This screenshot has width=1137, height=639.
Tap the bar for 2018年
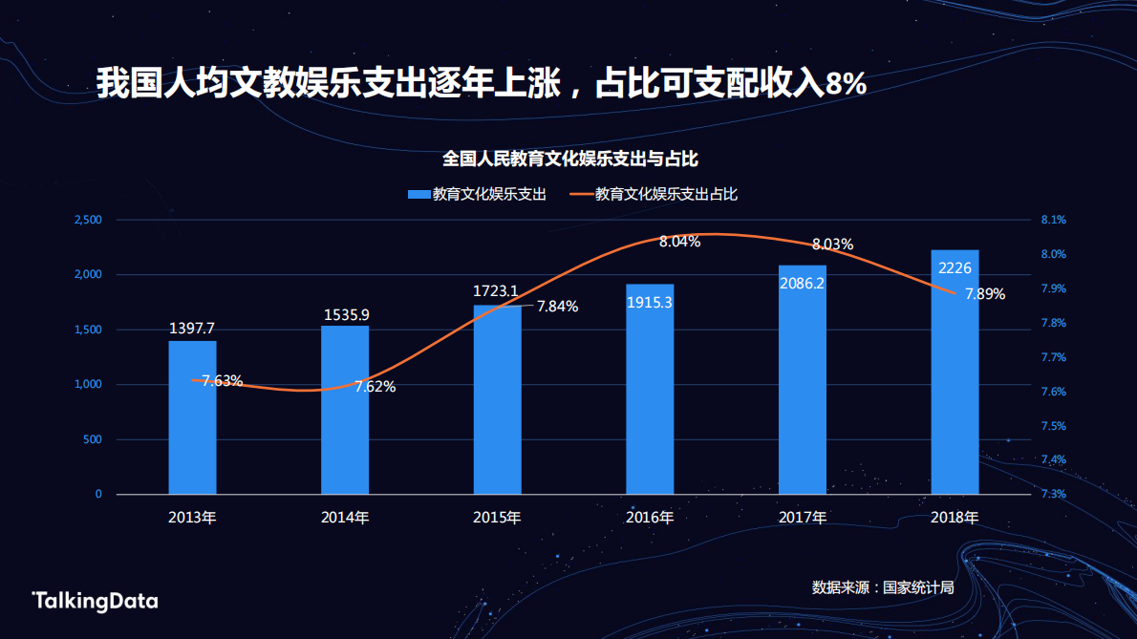(955, 373)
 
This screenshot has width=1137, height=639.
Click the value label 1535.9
(345, 314)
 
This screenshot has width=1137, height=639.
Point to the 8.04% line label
(679, 242)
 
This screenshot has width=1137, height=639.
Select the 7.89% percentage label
(984, 294)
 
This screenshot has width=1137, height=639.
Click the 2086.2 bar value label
(803, 283)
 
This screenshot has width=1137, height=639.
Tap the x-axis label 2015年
(497, 518)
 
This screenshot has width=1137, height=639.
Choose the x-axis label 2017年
(803, 518)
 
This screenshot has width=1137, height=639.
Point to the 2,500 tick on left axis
(88, 221)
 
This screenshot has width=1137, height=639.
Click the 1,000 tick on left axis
(88, 385)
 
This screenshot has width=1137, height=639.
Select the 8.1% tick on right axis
(1053, 221)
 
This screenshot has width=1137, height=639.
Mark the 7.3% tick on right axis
(1053, 495)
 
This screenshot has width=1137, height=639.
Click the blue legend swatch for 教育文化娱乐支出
(418, 195)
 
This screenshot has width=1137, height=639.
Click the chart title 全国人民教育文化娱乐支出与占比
(578, 158)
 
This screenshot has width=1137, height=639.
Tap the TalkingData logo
(95, 601)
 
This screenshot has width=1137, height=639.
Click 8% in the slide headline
(846, 84)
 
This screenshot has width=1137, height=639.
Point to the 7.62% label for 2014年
(375, 387)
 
